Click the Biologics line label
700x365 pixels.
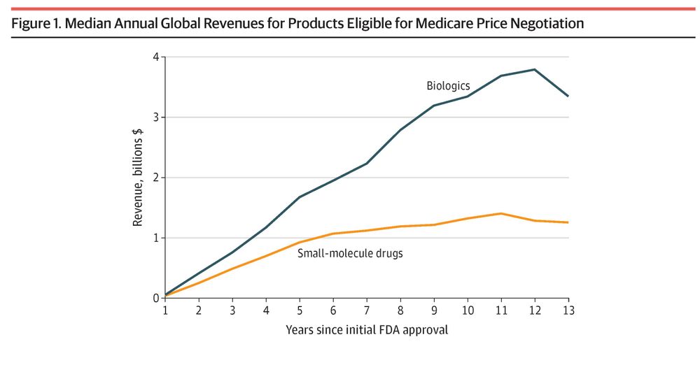click(x=448, y=86)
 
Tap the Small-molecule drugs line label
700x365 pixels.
click(x=350, y=253)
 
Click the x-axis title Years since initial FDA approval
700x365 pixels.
click(x=366, y=329)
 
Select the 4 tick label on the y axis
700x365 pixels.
click(x=155, y=57)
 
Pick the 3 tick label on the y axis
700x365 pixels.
click(x=155, y=117)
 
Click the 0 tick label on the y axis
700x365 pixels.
click(x=155, y=298)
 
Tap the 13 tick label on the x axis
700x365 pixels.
click(x=568, y=310)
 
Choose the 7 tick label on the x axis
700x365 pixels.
click(x=366, y=310)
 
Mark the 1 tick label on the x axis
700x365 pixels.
click(x=165, y=310)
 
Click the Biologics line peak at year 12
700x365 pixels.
click(x=535, y=69)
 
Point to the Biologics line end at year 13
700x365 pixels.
click(x=568, y=96)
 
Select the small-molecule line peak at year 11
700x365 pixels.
click(x=501, y=213)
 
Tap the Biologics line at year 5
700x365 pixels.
click(x=300, y=197)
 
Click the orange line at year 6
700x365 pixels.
click(x=333, y=234)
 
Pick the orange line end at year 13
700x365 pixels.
click(x=568, y=222)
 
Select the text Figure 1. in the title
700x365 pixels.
click(x=36, y=24)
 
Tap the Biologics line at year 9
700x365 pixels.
click(x=434, y=106)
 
